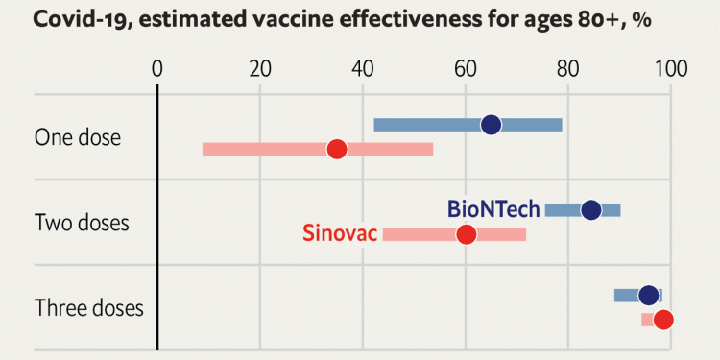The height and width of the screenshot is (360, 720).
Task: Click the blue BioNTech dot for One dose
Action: click(491, 125)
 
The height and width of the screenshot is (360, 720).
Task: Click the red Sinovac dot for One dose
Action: click(336, 149)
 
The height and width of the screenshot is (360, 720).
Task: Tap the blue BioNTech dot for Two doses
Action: click(590, 210)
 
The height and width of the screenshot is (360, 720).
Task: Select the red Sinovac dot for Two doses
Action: click(466, 234)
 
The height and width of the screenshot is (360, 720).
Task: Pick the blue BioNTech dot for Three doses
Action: click(649, 296)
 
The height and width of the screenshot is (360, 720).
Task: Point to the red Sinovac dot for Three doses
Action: click(662, 320)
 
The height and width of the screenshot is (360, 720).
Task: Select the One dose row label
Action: click(78, 137)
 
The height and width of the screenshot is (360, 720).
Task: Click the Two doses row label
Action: click(82, 223)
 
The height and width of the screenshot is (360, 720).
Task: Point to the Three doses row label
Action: click(88, 308)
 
